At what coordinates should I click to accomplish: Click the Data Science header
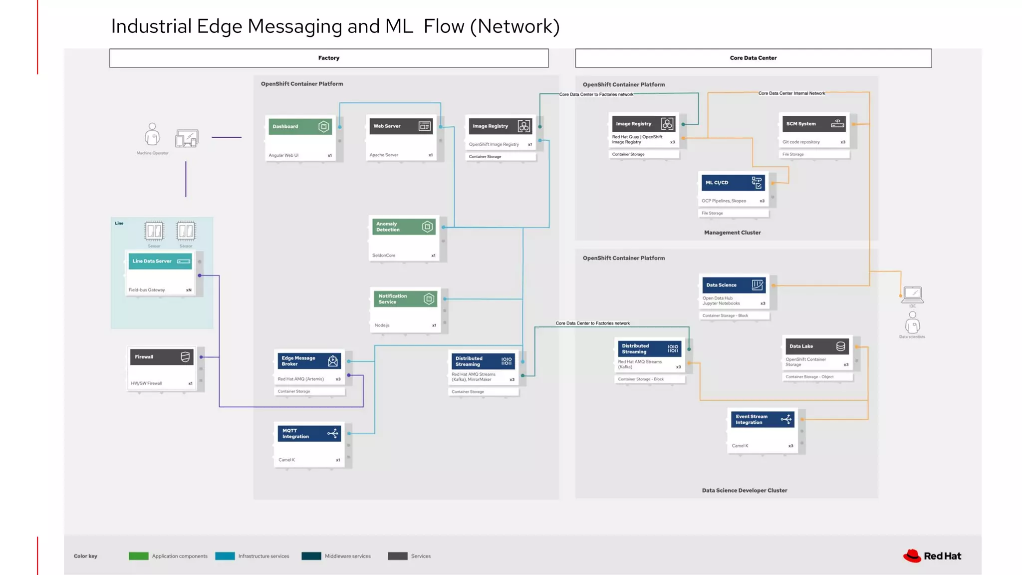[x=733, y=285]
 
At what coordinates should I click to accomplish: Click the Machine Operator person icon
[x=152, y=134]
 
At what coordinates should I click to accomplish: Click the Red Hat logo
[x=932, y=556]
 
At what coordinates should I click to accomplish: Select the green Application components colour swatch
[x=139, y=556]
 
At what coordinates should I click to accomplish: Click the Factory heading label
[x=329, y=58]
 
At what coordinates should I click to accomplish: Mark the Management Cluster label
[x=732, y=233]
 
